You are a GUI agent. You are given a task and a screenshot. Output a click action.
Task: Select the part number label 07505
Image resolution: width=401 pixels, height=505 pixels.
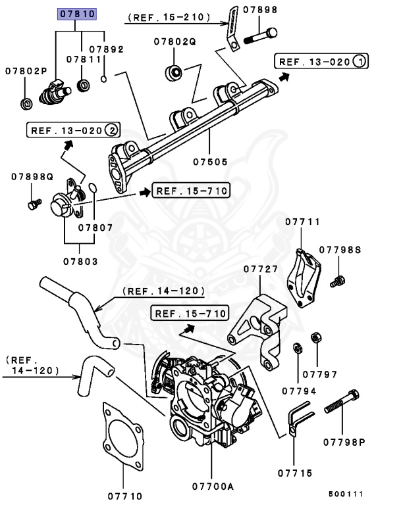(x=209, y=159)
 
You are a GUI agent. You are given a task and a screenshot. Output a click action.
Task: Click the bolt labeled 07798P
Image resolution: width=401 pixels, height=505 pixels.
(x=341, y=402)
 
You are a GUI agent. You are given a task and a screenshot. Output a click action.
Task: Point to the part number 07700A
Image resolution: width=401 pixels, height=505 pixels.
(x=211, y=487)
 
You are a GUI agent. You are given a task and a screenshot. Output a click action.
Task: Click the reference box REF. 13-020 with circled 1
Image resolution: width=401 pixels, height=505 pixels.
(x=321, y=62)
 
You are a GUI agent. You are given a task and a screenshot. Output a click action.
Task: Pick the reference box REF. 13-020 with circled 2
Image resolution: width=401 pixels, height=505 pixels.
(x=73, y=130)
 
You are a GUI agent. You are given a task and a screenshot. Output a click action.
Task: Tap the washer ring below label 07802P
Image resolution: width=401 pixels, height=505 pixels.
(x=26, y=103)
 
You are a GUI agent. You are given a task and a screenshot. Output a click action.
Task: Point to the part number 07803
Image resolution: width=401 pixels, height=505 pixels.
(x=80, y=261)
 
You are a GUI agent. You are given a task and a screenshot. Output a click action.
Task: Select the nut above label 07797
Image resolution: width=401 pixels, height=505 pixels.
(x=315, y=337)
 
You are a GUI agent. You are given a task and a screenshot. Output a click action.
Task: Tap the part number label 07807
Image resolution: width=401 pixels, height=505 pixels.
(x=95, y=228)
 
